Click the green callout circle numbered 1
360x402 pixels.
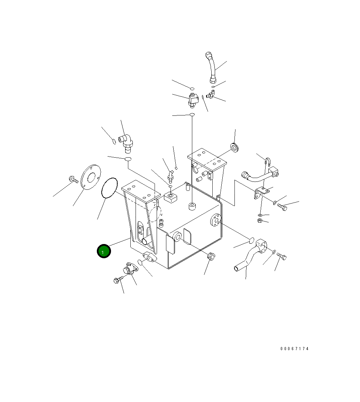coord(104,251)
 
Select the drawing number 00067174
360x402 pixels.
coord(294,349)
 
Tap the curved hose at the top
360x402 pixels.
coord(211,67)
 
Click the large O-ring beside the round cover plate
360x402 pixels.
coord(110,188)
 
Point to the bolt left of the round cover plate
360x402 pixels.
coord(73,179)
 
